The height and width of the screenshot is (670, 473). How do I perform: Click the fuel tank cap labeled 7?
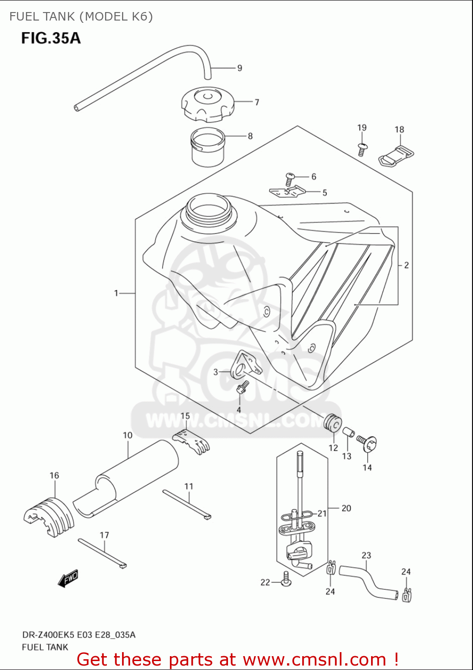(207, 104)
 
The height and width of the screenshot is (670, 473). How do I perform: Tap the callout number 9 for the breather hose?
(240, 68)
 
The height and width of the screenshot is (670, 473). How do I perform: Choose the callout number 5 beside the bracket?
(325, 193)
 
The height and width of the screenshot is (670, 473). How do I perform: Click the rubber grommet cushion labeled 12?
(333, 423)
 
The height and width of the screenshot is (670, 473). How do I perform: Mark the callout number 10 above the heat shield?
(127, 435)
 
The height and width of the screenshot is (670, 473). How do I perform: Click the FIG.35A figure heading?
(51, 38)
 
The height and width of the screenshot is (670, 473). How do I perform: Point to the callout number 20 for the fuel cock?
(346, 508)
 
